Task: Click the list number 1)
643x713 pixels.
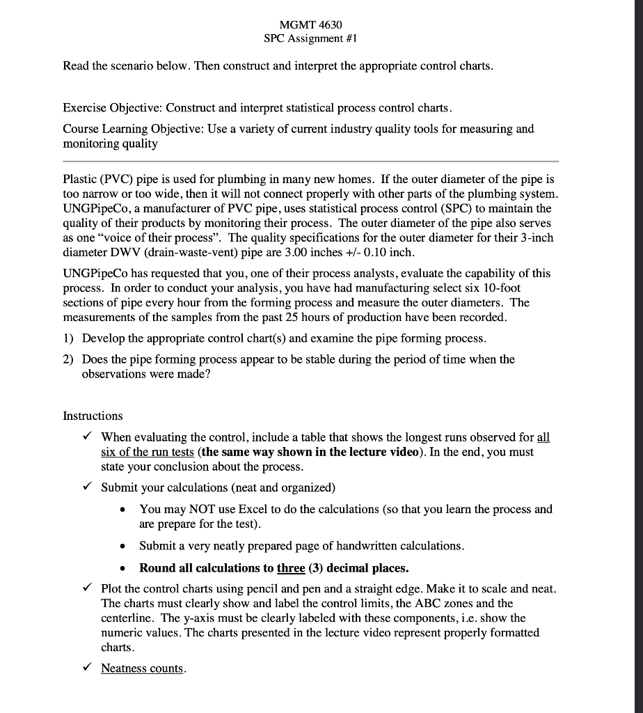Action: pyautogui.click(x=70, y=338)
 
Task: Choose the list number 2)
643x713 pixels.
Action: pyautogui.click(x=70, y=359)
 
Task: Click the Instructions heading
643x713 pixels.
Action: pyautogui.click(x=93, y=416)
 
